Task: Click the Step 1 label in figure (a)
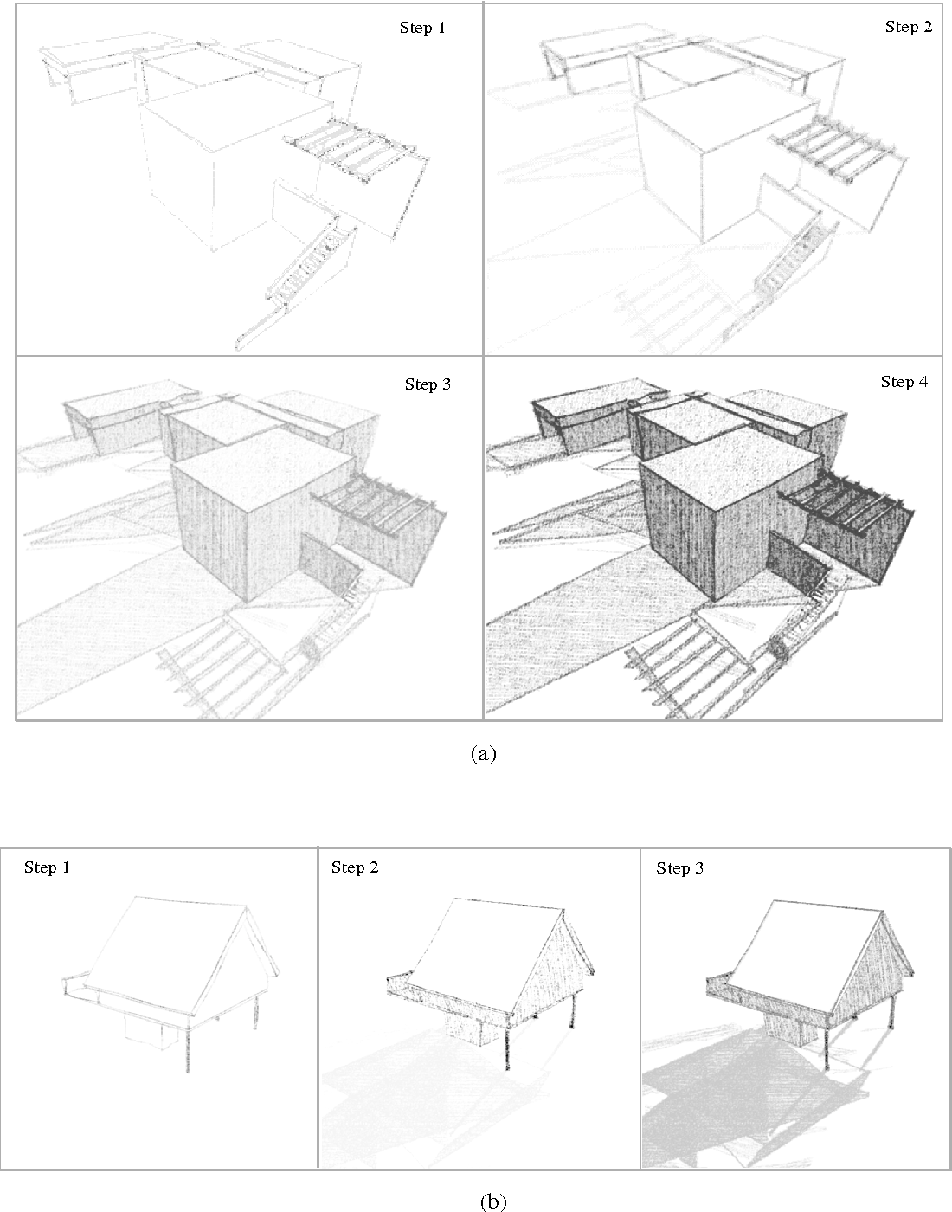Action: click(x=422, y=28)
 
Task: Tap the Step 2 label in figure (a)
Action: click(x=909, y=27)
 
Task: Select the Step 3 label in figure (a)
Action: click(x=428, y=384)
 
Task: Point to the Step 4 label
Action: click(x=904, y=382)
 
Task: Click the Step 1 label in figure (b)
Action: click(x=47, y=867)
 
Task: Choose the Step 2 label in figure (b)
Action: click(x=355, y=867)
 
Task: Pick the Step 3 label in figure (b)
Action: click(x=679, y=867)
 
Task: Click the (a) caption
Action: click(x=483, y=754)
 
